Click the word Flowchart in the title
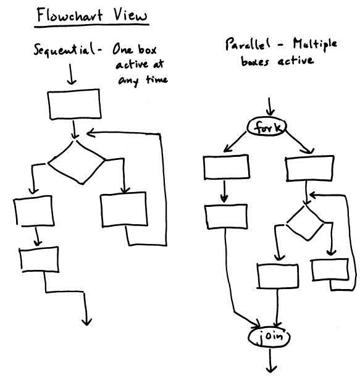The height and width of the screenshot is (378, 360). pos(70,15)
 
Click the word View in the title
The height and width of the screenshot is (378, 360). pos(130,15)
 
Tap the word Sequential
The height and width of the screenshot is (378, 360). pos(65,49)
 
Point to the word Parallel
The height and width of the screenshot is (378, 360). pos(248,44)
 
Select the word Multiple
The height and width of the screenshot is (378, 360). pos(314,44)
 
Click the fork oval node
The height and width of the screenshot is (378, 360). pos(267,127)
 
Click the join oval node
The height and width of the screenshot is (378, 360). pos(269,337)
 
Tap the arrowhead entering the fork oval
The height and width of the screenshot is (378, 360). pos(270,112)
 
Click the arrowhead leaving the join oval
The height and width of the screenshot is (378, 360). pos(271,369)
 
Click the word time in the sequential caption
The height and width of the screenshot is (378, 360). pos(157,80)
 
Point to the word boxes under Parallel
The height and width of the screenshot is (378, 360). pos(255,61)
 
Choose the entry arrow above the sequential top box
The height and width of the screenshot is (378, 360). pos(72,74)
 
